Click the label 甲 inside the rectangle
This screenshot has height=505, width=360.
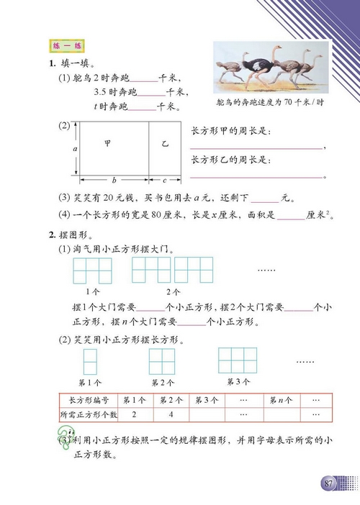pos(108,144)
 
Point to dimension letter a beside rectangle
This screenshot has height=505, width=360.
pos(75,146)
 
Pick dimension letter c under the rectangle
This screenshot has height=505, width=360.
pos(164,179)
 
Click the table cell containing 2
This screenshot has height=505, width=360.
pos(135,414)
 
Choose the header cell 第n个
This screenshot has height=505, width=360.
pos(280,400)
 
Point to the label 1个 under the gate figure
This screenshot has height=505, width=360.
pos(93,292)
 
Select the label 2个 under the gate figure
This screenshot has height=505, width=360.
pos(173,292)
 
